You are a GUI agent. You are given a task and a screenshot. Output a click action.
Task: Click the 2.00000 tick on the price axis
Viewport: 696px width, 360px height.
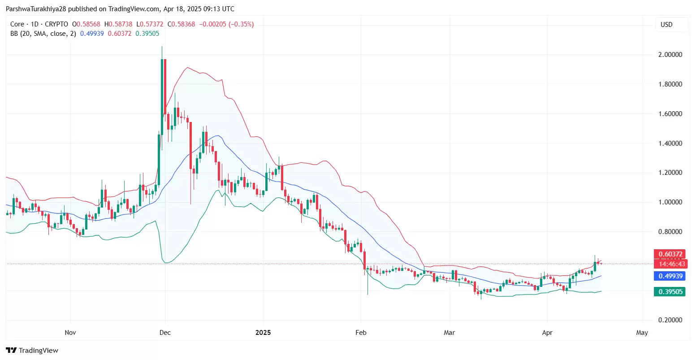pos(670,55)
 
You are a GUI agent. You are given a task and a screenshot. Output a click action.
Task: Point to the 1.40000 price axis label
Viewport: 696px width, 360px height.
pos(670,143)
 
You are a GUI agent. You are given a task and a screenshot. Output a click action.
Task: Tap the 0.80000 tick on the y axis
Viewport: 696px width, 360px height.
pos(670,232)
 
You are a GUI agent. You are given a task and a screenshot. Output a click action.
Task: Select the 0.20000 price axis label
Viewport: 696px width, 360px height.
pos(670,320)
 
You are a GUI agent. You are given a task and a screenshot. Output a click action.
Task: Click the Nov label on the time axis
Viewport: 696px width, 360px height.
pos(70,333)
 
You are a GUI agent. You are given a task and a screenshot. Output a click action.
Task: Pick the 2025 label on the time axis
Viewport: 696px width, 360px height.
pos(263,333)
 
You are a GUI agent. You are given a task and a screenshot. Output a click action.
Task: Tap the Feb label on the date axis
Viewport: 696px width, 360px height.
pos(361,333)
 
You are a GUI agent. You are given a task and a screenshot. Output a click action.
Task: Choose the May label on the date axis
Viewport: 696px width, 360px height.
pos(642,333)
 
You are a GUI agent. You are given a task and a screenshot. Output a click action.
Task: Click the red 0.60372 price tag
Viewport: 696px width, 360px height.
pos(670,254)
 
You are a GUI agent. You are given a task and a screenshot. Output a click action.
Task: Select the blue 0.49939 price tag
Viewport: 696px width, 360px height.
pos(670,276)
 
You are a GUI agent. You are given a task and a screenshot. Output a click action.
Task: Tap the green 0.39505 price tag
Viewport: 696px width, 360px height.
pos(670,292)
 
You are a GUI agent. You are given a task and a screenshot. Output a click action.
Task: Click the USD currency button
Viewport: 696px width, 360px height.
pos(666,25)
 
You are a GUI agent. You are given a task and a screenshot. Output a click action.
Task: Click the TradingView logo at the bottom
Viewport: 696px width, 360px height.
pos(32,350)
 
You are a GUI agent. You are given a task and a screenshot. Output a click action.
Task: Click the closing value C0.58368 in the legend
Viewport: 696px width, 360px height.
pos(182,24)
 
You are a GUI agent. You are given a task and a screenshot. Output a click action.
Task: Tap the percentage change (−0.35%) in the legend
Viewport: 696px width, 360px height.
pos(241,24)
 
